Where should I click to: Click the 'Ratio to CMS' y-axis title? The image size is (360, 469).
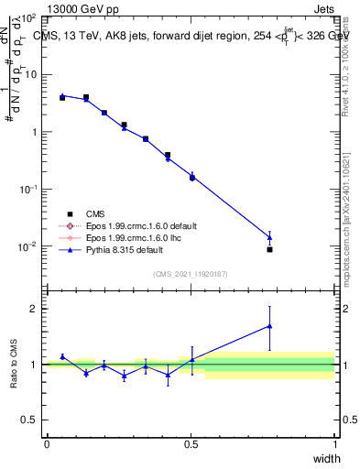(x=14, y=364)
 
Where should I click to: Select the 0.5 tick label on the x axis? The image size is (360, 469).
(x=191, y=443)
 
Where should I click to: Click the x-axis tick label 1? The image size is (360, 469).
(x=335, y=443)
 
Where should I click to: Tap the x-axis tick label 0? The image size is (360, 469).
(x=47, y=443)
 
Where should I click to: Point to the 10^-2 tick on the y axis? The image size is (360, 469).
(x=28, y=246)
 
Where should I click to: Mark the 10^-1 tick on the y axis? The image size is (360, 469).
(x=28, y=189)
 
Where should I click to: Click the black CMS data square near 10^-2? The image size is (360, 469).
(x=269, y=249)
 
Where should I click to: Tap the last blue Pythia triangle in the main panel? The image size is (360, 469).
(x=269, y=237)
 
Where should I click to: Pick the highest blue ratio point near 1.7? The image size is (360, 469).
(x=269, y=325)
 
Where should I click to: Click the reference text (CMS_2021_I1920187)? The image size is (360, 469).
(x=191, y=274)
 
